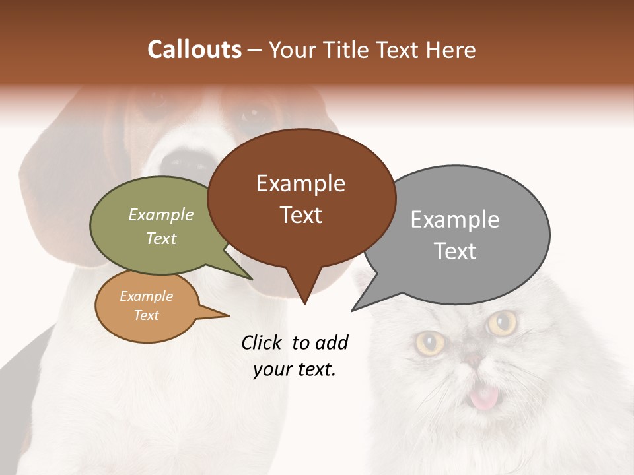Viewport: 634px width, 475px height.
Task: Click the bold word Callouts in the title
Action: (x=194, y=50)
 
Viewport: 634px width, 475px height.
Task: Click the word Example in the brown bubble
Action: (x=300, y=183)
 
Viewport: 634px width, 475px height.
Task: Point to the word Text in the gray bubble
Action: (x=454, y=251)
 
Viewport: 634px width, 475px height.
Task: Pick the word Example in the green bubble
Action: (x=161, y=214)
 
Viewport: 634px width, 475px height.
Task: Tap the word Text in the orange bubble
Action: (x=146, y=315)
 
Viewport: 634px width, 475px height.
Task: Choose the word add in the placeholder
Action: (x=332, y=342)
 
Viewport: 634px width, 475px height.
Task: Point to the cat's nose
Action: (x=473, y=360)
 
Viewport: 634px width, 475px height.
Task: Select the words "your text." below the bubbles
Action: (x=295, y=369)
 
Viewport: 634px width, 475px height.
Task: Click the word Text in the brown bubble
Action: (x=300, y=215)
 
